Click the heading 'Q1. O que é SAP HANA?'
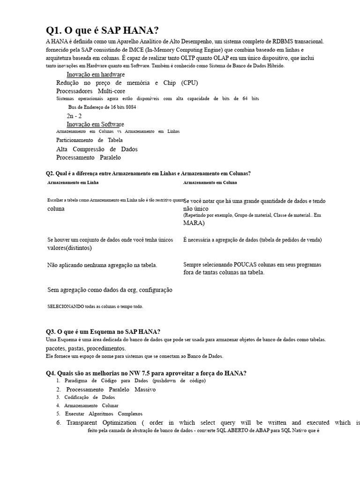(x=102, y=31)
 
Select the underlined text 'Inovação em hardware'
(x=95, y=75)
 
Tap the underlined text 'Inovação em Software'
(x=95, y=124)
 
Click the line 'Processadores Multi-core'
(x=90, y=91)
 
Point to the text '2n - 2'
(x=74, y=116)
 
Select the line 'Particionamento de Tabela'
(x=89, y=140)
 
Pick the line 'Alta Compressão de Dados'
(x=97, y=149)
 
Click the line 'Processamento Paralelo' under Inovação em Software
(x=88, y=157)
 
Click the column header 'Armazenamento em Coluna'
(x=210, y=182)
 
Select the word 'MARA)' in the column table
(x=194, y=223)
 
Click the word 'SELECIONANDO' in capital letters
(x=66, y=307)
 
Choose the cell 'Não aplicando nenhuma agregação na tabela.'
(x=102, y=265)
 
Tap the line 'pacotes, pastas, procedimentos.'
(x=86, y=349)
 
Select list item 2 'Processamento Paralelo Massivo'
(x=111, y=390)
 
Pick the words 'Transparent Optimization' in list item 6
(x=94, y=422)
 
